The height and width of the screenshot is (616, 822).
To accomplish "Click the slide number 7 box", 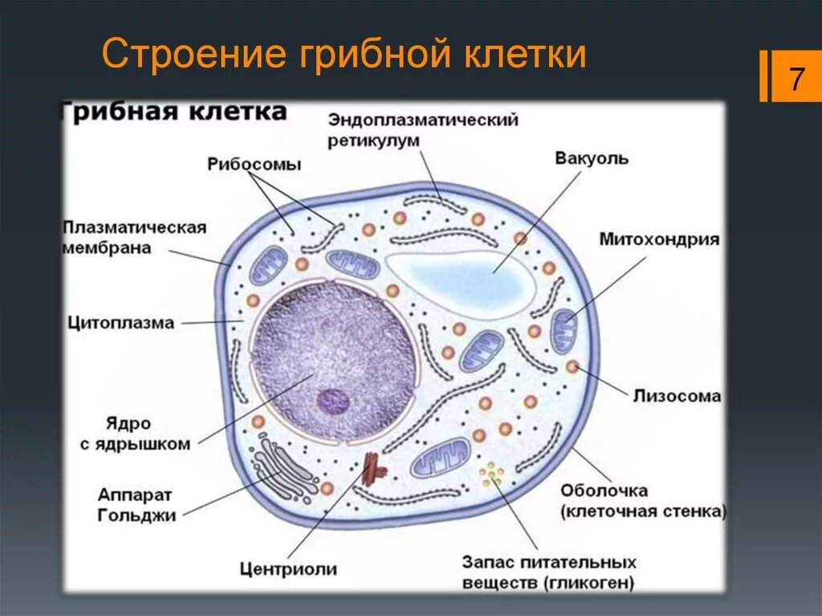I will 796,78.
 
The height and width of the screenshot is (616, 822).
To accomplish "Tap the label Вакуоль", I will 592,158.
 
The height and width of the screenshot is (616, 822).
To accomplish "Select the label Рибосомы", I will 254,165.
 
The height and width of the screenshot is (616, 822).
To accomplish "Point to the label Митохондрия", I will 659,239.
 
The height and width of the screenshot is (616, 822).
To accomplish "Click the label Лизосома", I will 676,396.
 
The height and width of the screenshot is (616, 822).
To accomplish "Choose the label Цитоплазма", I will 120,323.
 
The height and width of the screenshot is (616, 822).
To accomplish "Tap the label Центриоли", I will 288,569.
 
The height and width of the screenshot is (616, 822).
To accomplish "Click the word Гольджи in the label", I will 136,516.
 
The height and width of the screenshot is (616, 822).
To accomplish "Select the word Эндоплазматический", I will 422,120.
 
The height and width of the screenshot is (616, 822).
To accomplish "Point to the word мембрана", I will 107,248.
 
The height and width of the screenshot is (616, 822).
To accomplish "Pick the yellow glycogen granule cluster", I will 492,475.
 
